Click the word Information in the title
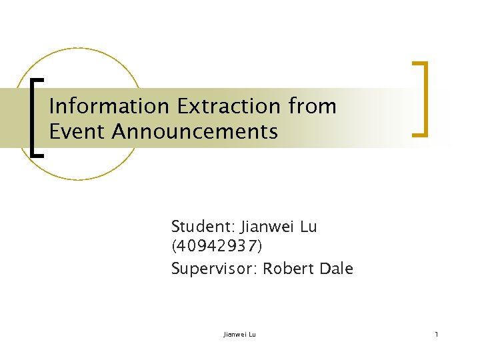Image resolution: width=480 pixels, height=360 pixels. [110, 107]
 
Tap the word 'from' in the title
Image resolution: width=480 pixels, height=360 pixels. [313, 107]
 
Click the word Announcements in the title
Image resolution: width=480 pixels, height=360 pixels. [195, 132]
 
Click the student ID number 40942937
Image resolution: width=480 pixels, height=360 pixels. [217, 247]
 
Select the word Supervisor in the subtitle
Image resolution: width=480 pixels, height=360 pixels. [214, 269]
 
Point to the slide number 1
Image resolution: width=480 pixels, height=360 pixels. [436, 333]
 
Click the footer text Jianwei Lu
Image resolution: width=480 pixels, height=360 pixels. [239, 333]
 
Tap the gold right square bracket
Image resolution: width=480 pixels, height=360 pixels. [421, 99]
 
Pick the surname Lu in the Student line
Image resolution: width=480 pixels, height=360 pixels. [309, 227]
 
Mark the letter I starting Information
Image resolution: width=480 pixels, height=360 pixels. [52, 107]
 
